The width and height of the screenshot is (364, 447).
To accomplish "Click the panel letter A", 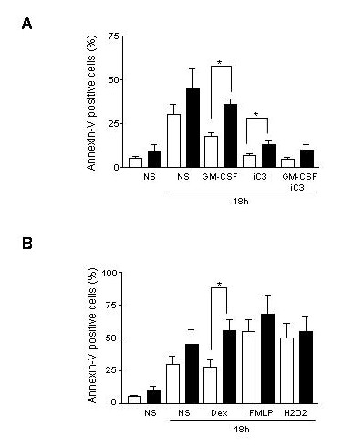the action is pyautogui.click(x=27, y=24).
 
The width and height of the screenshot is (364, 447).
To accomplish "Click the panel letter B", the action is pyautogui.click(x=27, y=244).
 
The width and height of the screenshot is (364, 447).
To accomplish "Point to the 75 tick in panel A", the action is pyautogui.click(x=114, y=36).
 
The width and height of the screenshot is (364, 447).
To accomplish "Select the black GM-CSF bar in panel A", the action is pyautogui.click(x=230, y=136).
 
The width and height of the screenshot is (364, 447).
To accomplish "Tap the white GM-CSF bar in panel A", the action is pyautogui.click(x=211, y=151).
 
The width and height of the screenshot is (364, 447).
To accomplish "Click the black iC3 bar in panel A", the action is pyautogui.click(x=268, y=156).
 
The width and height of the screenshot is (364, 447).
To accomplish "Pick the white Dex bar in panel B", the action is pyautogui.click(x=211, y=385).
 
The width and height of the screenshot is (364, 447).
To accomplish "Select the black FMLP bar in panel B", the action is pyautogui.click(x=268, y=359).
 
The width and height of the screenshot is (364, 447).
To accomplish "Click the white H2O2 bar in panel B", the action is pyautogui.click(x=286, y=370).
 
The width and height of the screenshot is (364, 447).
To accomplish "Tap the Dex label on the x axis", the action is pyautogui.click(x=219, y=413).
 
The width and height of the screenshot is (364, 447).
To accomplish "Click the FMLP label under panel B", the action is pyautogui.click(x=261, y=413).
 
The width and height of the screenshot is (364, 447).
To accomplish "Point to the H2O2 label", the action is pyautogui.click(x=296, y=413).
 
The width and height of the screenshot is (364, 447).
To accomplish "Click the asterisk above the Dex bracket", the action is pyautogui.click(x=219, y=285).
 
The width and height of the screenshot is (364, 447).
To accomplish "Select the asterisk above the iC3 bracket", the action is pyautogui.click(x=256, y=115).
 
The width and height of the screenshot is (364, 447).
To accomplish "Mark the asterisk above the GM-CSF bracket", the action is pyautogui.click(x=220, y=63).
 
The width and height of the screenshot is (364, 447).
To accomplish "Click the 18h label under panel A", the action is pyautogui.click(x=241, y=201).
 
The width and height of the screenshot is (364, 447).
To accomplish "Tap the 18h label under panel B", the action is pyautogui.click(x=242, y=430).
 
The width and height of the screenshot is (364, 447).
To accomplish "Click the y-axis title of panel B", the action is pyautogui.click(x=92, y=336).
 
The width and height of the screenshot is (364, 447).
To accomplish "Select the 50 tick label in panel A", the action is pyautogui.click(x=114, y=80).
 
